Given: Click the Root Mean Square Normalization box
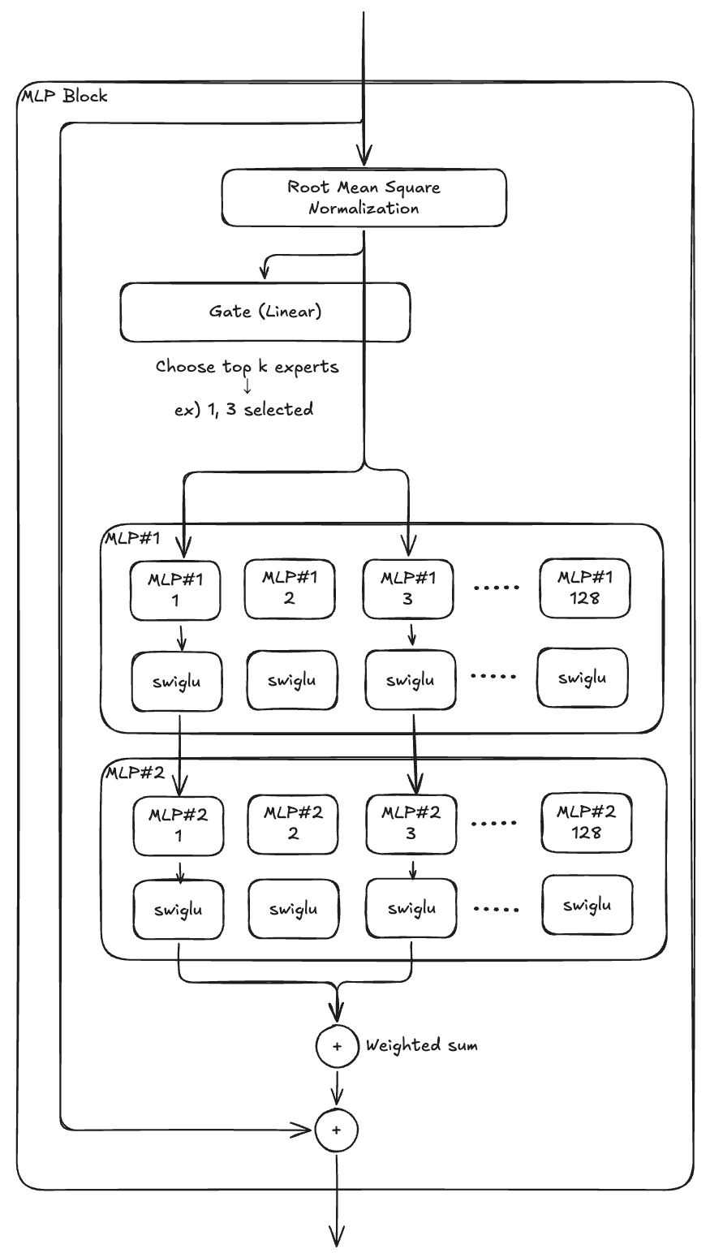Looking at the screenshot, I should [x=364, y=197].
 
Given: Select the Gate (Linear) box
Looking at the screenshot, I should [x=265, y=312].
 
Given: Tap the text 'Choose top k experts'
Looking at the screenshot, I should [x=247, y=367].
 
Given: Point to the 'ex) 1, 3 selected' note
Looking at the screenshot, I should [x=243, y=410].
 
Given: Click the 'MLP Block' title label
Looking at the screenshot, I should [x=63, y=97].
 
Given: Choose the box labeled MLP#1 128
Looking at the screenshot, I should [x=584, y=588].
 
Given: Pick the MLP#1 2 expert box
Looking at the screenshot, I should [x=290, y=588].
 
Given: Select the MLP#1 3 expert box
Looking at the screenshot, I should [x=407, y=588].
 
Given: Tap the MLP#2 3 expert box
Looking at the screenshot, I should [x=411, y=823].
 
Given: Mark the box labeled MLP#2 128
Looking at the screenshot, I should [x=587, y=822].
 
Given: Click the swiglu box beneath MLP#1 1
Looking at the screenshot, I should [x=177, y=681].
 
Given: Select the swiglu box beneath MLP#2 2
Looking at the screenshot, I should [x=293, y=910].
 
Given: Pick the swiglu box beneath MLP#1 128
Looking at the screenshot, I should [x=583, y=677].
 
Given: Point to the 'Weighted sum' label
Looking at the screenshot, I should [x=421, y=1045].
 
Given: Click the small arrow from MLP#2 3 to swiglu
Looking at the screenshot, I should [x=412, y=869].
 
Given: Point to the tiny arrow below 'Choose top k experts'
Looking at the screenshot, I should [x=247, y=388].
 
